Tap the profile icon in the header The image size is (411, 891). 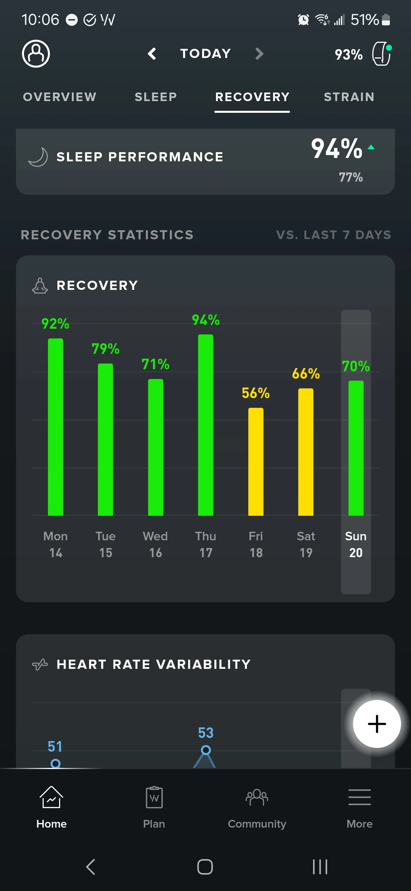[x=36, y=54]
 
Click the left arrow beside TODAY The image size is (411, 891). [x=152, y=54]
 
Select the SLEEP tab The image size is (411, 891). [x=156, y=97]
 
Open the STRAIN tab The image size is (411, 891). [x=349, y=97]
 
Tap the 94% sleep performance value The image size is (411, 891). [x=337, y=148]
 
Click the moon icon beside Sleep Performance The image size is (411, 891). [x=38, y=157]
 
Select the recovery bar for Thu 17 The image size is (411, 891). [x=206, y=425]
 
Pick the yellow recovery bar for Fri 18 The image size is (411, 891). [x=256, y=461]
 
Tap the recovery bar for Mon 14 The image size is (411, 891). [x=55, y=427]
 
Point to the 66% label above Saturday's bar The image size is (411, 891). [x=306, y=374]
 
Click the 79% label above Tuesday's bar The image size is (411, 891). [x=105, y=349]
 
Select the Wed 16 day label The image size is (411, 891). [x=156, y=544]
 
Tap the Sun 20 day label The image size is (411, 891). [x=356, y=544]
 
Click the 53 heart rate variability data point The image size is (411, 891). [x=206, y=750]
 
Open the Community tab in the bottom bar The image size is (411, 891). [x=257, y=807]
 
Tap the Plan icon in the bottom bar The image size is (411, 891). [x=154, y=797]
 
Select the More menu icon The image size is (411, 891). [x=360, y=797]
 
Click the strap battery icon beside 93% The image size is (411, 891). [x=382, y=54]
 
